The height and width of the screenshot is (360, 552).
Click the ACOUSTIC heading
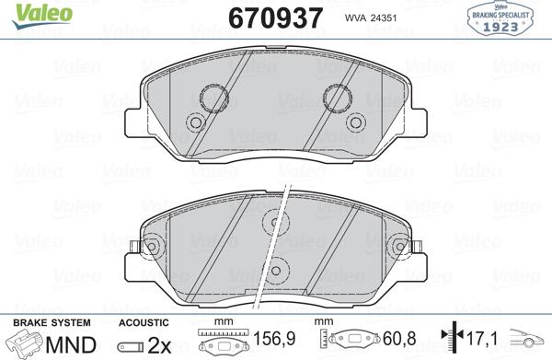[x=144, y=322]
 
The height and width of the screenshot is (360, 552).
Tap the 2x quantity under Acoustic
[x=159, y=345]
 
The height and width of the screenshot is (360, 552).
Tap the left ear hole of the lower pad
[x=146, y=246]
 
